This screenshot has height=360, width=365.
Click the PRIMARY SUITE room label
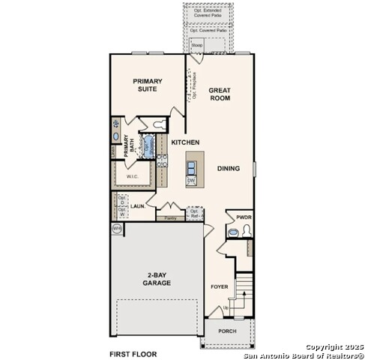(x=148, y=85)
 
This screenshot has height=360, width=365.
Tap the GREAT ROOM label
(x=220, y=94)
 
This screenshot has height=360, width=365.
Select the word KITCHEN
(x=184, y=142)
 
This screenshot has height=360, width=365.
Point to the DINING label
(x=229, y=169)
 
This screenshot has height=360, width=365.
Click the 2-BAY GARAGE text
(x=157, y=280)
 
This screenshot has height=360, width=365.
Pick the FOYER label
(x=219, y=286)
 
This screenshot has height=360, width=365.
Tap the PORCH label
(x=226, y=331)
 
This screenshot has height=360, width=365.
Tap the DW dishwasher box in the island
(x=191, y=181)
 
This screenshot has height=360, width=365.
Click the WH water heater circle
(x=117, y=227)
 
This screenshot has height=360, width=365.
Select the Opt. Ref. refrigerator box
(x=194, y=213)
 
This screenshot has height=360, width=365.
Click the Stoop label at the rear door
(x=197, y=46)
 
